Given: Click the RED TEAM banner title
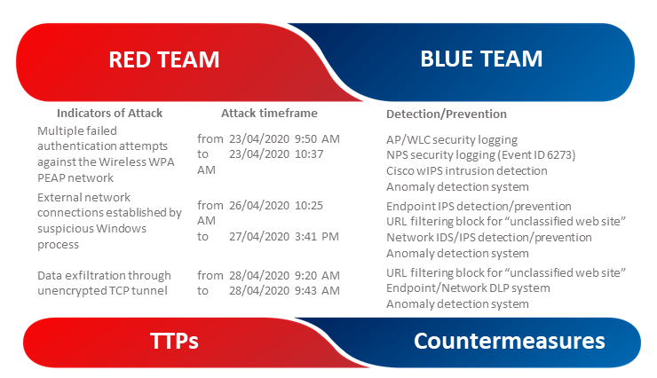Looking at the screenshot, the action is (x=164, y=59).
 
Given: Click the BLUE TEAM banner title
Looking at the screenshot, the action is (x=481, y=59).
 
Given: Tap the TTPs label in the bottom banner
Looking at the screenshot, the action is (x=174, y=341).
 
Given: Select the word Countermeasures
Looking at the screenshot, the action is (x=510, y=341).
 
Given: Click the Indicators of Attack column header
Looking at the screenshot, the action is (x=110, y=113).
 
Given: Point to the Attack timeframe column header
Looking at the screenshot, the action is (x=269, y=113).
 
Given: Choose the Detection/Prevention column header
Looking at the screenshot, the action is (x=447, y=114).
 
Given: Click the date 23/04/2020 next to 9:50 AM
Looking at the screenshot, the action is (x=259, y=138).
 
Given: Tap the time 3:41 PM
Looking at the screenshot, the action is (x=316, y=237).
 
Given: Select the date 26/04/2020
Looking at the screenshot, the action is (x=259, y=206).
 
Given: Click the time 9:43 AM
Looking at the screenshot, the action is (x=317, y=290).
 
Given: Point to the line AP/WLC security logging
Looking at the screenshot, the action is (x=452, y=139).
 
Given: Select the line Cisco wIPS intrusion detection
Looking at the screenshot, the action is (x=467, y=170).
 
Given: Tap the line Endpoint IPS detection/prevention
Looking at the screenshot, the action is (x=479, y=207).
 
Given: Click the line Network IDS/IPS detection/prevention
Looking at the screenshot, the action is (x=489, y=237).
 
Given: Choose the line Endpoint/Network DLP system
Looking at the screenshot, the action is (x=468, y=288).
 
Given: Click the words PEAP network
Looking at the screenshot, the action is (x=75, y=177).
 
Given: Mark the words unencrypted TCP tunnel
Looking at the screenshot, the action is (x=102, y=291).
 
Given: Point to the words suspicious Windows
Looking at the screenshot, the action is (x=91, y=229).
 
